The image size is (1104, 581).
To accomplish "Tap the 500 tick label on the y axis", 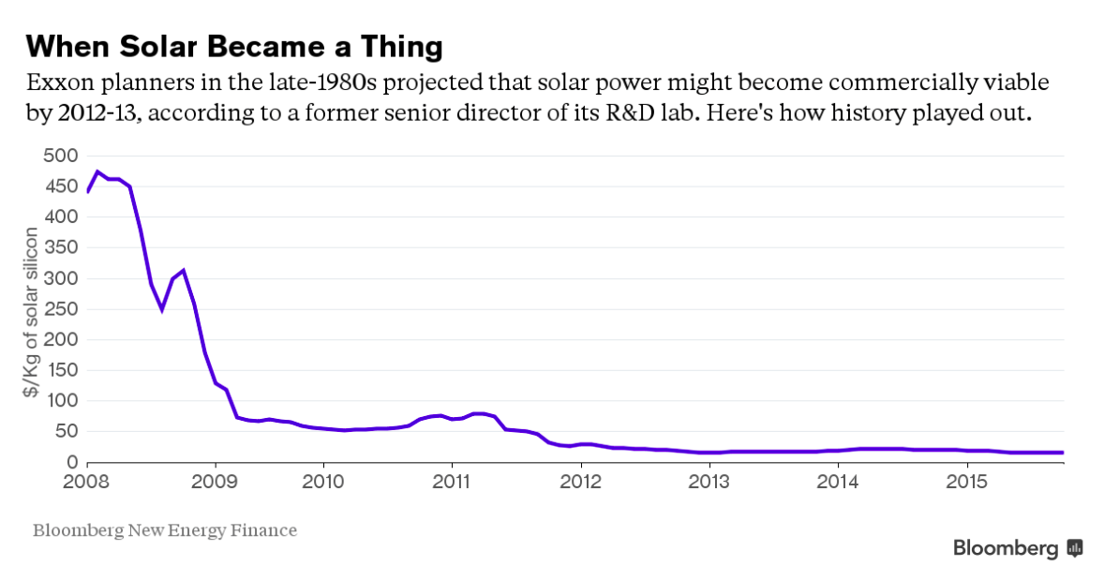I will point(59,156).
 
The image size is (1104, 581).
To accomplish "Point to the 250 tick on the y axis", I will point(59,309).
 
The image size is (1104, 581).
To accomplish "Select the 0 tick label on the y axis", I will point(71,462).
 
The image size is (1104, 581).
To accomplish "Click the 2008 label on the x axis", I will point(87,482).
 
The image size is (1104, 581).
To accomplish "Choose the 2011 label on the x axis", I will point(452,482).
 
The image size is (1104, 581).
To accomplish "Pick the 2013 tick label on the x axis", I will point(709,482).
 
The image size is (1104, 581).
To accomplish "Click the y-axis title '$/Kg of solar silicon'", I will point(32,324).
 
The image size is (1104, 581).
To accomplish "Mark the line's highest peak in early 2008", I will point(97,171).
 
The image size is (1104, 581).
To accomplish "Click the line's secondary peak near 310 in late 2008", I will point(183,271).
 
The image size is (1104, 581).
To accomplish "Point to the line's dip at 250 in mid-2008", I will point(161,309).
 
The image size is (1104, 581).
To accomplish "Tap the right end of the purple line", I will point(1062,453).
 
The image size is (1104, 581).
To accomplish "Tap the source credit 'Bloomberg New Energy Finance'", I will point(165,531).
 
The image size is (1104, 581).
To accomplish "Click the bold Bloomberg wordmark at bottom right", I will point(1006,549).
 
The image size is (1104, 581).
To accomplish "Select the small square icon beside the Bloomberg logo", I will point(1075,549).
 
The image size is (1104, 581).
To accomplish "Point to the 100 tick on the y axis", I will point(59,401).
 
